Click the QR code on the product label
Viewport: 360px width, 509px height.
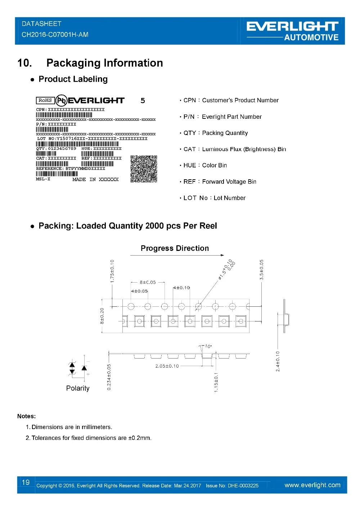144,169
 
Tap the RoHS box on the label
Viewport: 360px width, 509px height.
45,100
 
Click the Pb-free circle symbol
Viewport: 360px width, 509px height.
62,100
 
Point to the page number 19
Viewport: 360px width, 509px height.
26,482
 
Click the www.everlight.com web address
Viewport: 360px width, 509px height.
312,485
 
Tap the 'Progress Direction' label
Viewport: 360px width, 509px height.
175,248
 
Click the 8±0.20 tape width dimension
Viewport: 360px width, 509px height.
102,316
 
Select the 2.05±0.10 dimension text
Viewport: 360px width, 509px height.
167,366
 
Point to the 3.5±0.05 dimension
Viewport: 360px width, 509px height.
262,270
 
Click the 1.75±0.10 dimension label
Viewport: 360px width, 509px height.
112,271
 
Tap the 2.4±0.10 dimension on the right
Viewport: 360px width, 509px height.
278,361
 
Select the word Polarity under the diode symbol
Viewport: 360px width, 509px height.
78,388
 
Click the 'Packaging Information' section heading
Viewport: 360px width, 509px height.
104,63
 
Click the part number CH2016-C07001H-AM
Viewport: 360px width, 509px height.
55,35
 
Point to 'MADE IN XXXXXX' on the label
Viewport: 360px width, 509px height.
95,179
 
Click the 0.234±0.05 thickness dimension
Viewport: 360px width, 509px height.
109,377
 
